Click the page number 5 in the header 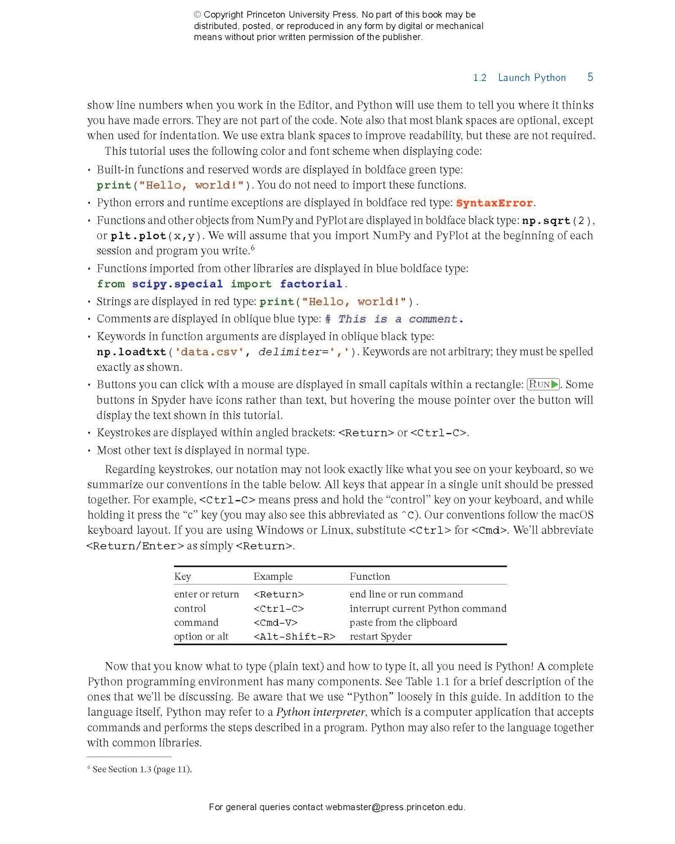coord(590,77)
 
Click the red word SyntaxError coord(494,203)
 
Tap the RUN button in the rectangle coord(543,384)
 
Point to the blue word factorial coord(311,284)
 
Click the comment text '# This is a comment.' coord(394,319)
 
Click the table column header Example coord(273,577)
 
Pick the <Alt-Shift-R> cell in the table coord(294,636)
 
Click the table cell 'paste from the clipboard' coord(403,623)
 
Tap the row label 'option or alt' coord(201,636)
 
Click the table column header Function coord(370,577)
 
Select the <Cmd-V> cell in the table coord(275,623)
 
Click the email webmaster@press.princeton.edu coord(395,807)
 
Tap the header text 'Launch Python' coord(531,78)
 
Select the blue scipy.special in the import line coord(177,284)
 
